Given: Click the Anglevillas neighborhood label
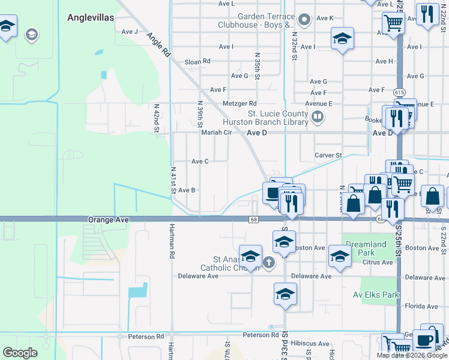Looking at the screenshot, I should [x=91, y=18].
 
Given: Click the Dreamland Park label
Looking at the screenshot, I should [x=366, y=248].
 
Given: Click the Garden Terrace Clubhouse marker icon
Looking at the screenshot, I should [x=304, y=20].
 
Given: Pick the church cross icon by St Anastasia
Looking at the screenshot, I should [x=269, y=262].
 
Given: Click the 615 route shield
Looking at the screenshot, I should [x=399, y=92].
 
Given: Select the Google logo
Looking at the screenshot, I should [x=20, y=353].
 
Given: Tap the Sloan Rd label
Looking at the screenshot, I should [x=197, y=61].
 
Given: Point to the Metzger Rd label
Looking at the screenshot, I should [x=240, y=104].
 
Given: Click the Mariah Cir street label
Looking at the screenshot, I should [x=216, y=133].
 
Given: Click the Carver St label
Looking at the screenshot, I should [x=328, y=155].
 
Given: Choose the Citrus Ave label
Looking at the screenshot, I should [x=378, y=262].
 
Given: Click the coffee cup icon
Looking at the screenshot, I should [x=425, y=340].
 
